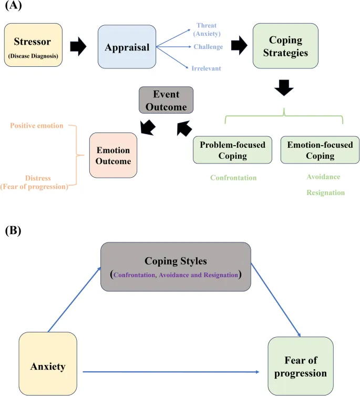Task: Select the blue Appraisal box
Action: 127,47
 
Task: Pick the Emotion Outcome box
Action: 113,155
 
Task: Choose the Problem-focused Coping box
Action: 232,150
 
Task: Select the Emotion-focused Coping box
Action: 320,150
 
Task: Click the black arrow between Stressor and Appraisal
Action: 78,46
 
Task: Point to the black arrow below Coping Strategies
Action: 284,87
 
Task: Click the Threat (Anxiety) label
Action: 206,30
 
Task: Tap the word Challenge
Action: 209,47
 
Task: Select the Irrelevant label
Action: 206,68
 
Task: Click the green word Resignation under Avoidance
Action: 325,192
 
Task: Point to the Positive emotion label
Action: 37,126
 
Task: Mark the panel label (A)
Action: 13,7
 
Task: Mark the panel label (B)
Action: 13,230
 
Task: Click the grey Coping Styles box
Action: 175,267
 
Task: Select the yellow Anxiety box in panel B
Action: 48,363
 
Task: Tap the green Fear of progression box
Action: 300,366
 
